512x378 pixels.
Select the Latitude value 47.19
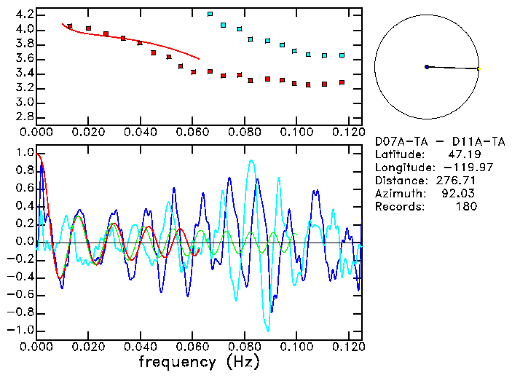click(x=462, y=154)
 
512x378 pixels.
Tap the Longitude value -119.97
click(x=462, y=168)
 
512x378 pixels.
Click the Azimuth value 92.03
click(x=462, y=194)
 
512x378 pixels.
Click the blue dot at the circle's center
click(x=427, y=67)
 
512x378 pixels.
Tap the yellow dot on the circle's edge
click(x=478, y=69)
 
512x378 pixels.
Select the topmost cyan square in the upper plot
click(x=210, y=14)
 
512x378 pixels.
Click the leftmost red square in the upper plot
click(x=70, y=26)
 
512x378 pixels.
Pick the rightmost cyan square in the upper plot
click(x=342, y=55)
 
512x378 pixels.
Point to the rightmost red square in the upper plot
click(x=342, y=82)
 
